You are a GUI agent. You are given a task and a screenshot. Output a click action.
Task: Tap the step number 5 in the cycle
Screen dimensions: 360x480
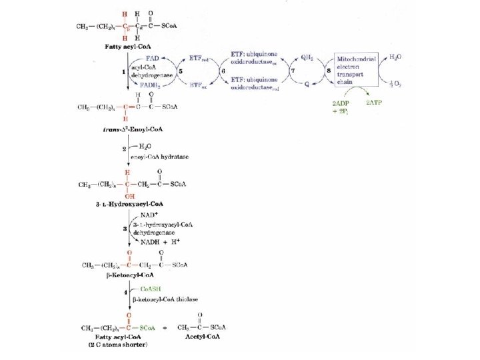tap(181, 70)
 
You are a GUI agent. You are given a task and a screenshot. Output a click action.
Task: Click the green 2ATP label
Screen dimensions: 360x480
tap(375, 103)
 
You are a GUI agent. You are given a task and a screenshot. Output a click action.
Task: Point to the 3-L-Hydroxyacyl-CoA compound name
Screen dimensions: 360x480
tap(130, 203)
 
